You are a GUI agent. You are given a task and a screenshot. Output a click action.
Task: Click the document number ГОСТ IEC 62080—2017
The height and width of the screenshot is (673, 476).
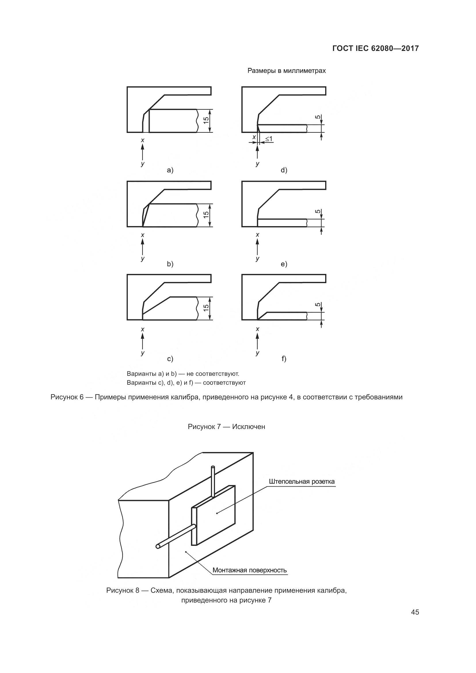point(376,48)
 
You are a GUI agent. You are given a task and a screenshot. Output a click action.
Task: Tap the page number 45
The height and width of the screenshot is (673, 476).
point(415,612)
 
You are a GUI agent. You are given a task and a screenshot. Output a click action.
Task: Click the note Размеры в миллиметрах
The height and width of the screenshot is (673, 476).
point(286,71)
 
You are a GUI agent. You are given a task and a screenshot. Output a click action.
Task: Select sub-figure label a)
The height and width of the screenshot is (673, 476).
point(170,170)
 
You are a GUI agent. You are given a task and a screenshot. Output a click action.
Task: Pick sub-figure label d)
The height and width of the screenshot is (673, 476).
point(284,170)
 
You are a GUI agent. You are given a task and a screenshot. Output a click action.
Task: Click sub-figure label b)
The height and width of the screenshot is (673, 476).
point(170,264)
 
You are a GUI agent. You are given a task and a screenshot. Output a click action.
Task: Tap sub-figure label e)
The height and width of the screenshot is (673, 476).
point(284,264)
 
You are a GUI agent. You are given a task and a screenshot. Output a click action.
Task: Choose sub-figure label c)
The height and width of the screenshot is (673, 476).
point(170,359)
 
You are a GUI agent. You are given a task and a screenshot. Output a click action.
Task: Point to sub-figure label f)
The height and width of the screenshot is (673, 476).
point(284,359)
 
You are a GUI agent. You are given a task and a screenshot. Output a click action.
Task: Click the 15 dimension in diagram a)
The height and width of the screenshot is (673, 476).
point(206,120)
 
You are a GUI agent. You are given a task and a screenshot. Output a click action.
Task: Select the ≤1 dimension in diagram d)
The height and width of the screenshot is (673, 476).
point(269,139)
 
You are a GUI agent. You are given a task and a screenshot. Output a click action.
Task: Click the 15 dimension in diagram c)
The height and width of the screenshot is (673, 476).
point(206,308)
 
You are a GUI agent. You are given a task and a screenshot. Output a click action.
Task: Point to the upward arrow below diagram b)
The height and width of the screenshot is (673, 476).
point(143,247)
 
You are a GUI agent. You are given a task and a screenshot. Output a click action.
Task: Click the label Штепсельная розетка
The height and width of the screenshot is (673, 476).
point(302,482)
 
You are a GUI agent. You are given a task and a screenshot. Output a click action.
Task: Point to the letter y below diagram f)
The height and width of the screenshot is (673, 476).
point(257,353)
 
